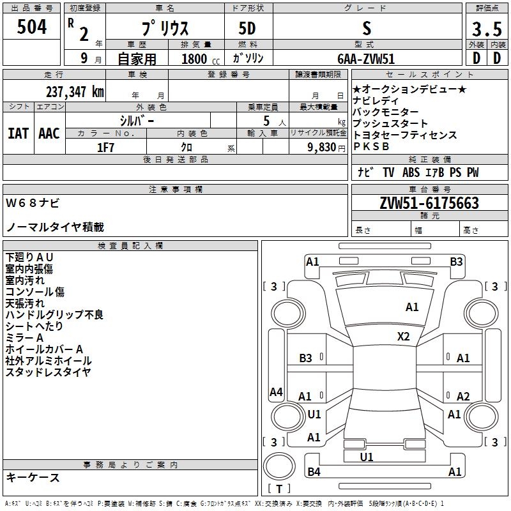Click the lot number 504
[31, 27]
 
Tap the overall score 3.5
[487, 29]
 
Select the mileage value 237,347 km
[75, 92]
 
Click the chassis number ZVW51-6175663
[429, 203]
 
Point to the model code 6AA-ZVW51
[366, 59]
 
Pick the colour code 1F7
[105, 148]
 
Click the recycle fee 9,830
[322, 148]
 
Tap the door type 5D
[247, 29]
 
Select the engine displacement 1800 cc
[201, 59]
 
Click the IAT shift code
[19, 133]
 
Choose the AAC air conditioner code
[49, 133]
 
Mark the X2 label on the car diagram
[403, 337]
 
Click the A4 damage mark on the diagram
[276, 392]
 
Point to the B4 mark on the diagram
[314, 471]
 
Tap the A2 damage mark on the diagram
[463, 396]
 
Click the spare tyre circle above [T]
[279, 466]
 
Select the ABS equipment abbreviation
[411, 172]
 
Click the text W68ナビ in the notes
[33, 203]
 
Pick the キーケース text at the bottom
[33, 478]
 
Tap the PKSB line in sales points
[371, 147]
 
